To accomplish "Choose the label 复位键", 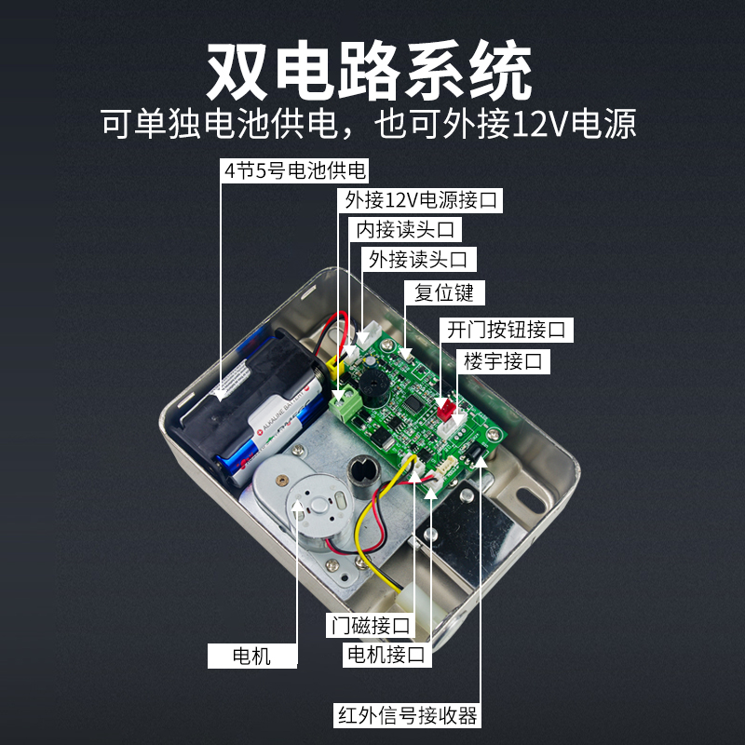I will [444, 292].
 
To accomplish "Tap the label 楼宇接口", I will [502, 360].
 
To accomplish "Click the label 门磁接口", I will [370, 624].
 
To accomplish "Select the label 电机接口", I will [386, 655].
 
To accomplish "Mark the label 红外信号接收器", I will [408, 715].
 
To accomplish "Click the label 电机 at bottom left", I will [251, 656].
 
